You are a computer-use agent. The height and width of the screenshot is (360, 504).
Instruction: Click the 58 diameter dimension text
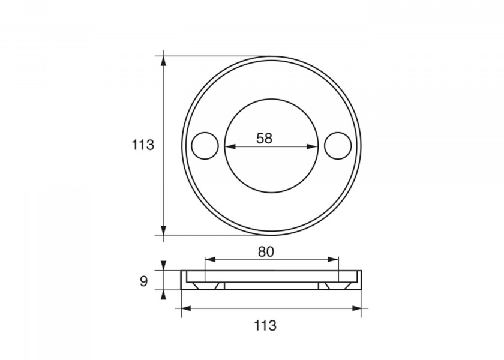pos(264,138)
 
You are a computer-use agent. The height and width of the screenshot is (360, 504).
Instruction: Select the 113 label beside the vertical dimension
pos(143,145)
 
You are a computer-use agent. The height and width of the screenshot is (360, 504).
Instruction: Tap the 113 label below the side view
pos(265,326)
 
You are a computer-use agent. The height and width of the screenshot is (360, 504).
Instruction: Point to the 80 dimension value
pos(266,252)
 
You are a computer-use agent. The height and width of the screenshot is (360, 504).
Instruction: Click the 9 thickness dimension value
pos(143,281)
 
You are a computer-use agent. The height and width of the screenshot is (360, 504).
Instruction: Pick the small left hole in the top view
pos(205,146)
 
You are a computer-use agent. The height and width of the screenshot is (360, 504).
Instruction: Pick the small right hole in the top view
pos(337,146)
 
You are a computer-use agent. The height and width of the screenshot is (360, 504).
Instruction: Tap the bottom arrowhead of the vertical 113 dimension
pos(164,230)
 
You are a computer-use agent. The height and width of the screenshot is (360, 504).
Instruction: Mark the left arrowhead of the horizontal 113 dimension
pos(185,308)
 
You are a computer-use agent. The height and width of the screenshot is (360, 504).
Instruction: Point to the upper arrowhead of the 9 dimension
pos(164,266)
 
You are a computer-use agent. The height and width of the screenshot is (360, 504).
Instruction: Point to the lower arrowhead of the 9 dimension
pos(164,293)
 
